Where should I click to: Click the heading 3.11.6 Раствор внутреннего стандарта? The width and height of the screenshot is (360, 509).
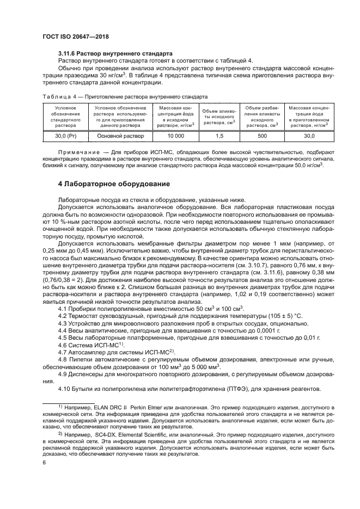115,53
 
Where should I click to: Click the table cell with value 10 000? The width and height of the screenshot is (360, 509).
175,136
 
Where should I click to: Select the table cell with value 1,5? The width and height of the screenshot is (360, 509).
219,136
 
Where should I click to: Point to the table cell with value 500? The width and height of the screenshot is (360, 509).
262,136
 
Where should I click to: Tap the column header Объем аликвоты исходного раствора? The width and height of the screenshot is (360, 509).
219,115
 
